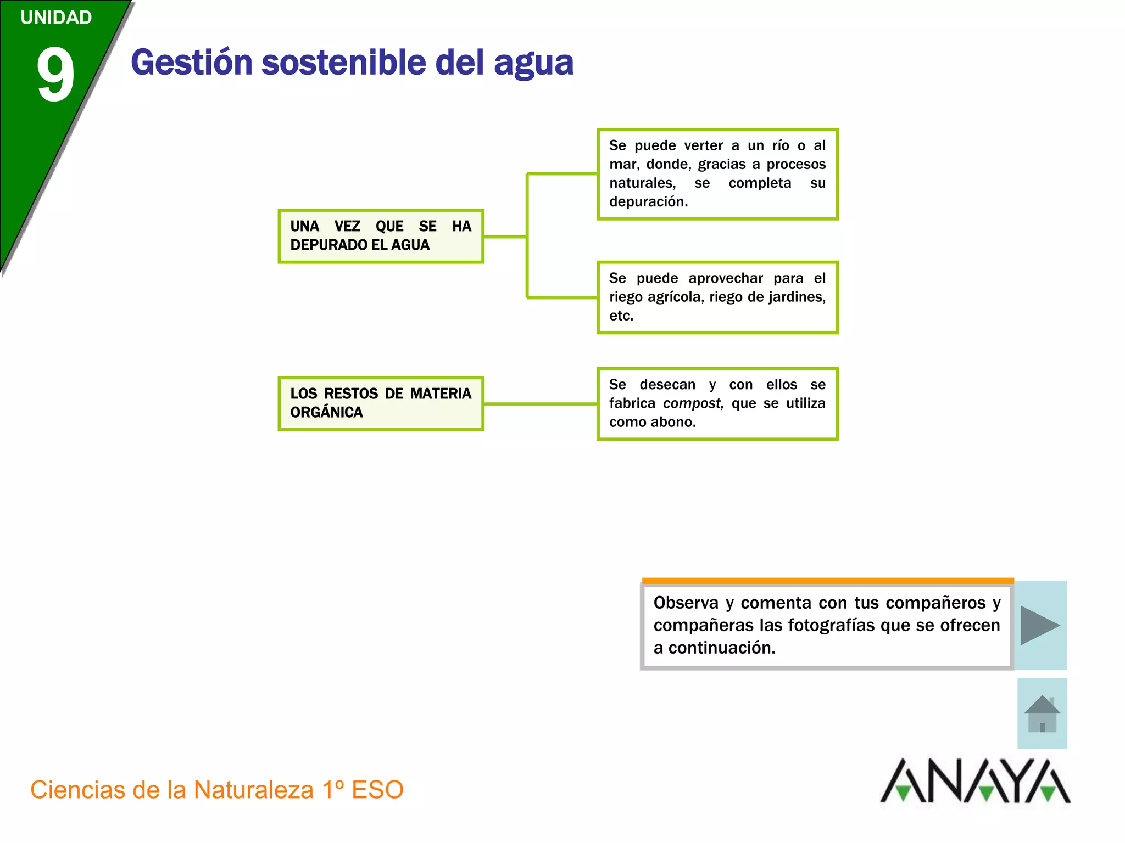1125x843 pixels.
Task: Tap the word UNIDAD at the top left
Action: click(x=56, y=18)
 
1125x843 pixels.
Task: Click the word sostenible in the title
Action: click(x=344, y=63)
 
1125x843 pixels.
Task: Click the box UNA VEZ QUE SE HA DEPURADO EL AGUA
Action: click(x=381, y=236)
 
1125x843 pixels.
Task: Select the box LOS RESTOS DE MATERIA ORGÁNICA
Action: click(x=381, y=403)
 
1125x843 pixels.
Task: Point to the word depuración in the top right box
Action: click(x=648, y=202)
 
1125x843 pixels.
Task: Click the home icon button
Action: click(x=1042, y=713)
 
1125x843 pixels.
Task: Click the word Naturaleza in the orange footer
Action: click(x=253, y=790)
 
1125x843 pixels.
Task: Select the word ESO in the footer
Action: click(x=377, y=790)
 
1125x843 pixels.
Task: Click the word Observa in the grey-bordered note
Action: click(x=686, y=603)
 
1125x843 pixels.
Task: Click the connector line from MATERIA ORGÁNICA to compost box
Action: click(x=540, y=404)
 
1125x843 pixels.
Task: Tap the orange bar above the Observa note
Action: click(x=827, y=581)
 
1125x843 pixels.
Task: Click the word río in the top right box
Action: click(x=781, y=145)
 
